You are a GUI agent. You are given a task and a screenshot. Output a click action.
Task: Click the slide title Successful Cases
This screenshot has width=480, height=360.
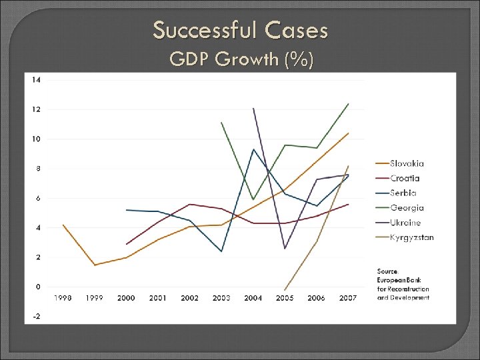pos(240,30)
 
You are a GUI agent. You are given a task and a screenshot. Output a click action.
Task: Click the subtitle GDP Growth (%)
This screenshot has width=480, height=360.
pos(241,60)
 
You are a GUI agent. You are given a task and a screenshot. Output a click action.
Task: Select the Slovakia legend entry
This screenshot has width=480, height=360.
pos(407,163)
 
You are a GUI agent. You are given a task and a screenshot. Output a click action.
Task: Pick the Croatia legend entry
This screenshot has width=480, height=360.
pos(405,178)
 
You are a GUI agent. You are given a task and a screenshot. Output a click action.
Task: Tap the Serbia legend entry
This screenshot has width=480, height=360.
pos(403,193)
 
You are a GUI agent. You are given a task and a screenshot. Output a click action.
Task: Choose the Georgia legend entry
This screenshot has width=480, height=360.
pos(407,208)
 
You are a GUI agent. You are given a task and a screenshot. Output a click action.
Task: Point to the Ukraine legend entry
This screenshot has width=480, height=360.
pos(405,223)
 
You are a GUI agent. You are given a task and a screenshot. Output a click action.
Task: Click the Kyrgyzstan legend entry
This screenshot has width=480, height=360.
pos(411,237)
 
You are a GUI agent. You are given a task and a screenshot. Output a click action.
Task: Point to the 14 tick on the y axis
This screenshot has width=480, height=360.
pos(36,79)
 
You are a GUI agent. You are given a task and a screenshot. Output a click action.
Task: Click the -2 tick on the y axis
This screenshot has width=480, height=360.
pos(37,316)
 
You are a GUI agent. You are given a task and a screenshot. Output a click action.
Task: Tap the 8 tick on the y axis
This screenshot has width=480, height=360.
pos(38,169)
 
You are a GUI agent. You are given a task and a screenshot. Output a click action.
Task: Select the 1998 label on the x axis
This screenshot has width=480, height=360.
pos(63,298)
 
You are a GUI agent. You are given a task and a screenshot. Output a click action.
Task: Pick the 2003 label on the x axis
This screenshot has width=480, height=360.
pos(221,298)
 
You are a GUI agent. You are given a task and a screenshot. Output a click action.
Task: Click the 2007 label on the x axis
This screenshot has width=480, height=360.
pos(347,298)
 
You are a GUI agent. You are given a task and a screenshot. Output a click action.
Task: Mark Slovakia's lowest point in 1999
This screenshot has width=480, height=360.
pos(95,265)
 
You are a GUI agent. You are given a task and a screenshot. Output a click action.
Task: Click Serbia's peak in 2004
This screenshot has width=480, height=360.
pos(253,149)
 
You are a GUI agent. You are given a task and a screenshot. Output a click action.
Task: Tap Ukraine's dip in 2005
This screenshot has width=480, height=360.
pos(285,248)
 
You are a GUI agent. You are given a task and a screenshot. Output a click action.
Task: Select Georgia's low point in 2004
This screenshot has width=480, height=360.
pos(253,199)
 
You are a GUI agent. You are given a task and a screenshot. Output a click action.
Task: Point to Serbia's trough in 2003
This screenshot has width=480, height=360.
pos(221,251)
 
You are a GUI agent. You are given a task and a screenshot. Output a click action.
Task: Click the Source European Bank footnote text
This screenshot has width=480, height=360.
pos(403,284)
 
